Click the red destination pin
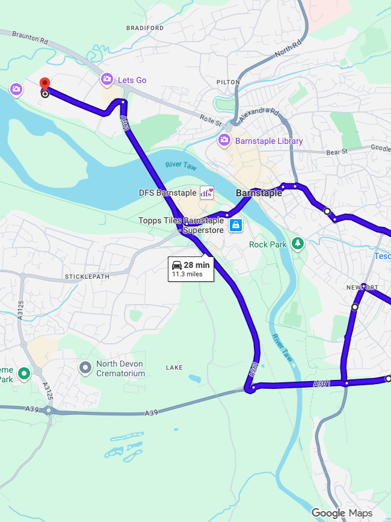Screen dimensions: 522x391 click(44, 85)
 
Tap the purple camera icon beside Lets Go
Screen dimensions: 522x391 click(106, 79)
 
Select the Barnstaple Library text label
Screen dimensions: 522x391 click(269, 141)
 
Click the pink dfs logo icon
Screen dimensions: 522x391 click(206, 193)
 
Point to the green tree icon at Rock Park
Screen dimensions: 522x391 click(297, 243)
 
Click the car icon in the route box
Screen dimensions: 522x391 click(177, 265)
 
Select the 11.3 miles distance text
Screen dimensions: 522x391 click(187, 275)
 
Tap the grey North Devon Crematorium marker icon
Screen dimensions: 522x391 click(85, 367)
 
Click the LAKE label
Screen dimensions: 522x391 click(174, 367)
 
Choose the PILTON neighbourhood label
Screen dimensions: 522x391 click(229, 82)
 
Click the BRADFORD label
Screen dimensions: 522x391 click(145, 28)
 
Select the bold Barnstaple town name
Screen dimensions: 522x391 click(259, 193)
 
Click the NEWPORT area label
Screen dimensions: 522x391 click(362, 287)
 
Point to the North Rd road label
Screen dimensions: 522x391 click(287, 49)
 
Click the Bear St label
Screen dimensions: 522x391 click(337, 152)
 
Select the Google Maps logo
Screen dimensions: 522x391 click(342, 513)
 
